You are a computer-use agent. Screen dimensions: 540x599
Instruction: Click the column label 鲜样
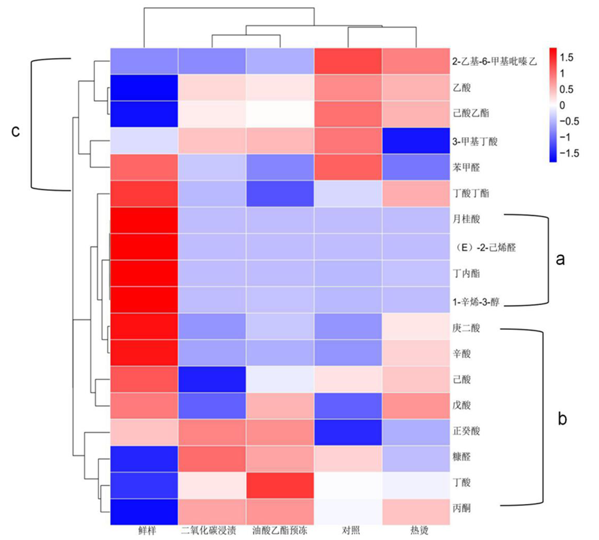coord(144,530)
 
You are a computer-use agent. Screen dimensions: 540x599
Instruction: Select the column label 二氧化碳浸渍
coord(212,530)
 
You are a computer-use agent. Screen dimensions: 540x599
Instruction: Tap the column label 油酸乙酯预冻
coord(280,530)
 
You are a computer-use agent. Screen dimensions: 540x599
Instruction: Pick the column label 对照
coord(348,530)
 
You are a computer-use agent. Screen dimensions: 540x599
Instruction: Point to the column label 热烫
coord(416,530)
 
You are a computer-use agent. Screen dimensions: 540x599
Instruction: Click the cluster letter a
coord(560,260)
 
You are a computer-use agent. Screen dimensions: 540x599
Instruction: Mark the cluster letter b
coord(562,418)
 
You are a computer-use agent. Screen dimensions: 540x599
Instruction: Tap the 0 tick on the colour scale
coord(562,105)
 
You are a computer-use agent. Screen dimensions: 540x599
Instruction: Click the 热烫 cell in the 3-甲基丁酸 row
coord(416,141)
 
